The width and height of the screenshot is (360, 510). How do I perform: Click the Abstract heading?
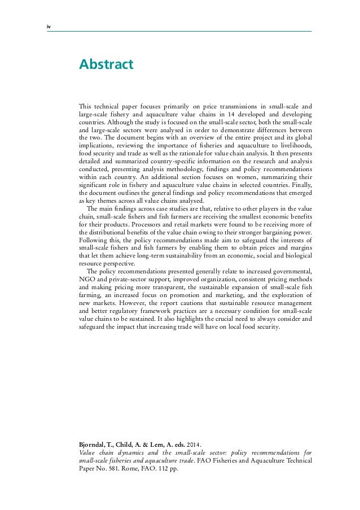106,65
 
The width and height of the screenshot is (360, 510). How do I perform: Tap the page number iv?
49,24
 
